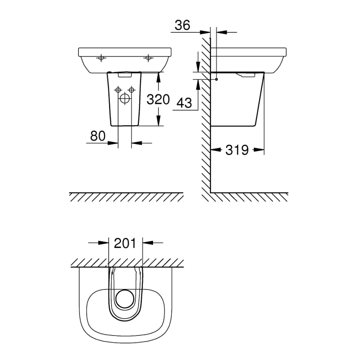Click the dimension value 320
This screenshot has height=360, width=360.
click(x=158, y=100)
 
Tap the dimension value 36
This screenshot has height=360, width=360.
click(x=182, y=25)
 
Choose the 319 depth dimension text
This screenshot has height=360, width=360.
click(x=237, y=150)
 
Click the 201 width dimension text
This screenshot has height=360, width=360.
click(x=125, y=243)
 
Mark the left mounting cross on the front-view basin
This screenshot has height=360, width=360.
click(x=100, y=58)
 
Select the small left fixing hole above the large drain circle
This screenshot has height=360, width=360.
click(x=118, y=90)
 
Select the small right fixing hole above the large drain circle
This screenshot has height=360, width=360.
click(x=131, y=90)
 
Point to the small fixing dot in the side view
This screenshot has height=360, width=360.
click(x=216, y=79)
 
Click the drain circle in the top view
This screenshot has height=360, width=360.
click(x=125, y=299)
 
